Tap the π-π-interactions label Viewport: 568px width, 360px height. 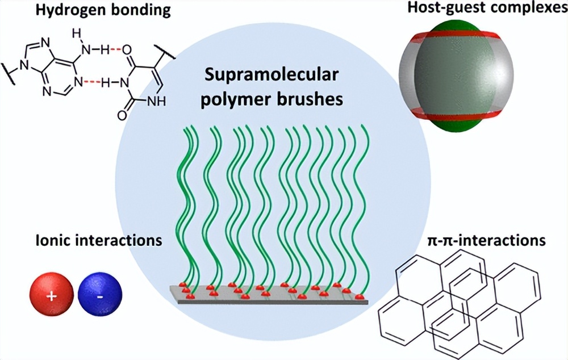[x=485, y=240]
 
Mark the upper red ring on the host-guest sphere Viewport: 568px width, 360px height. [x=456, y=35]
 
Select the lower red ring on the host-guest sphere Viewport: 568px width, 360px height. [x=456, y=115]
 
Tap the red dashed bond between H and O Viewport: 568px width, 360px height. [x=116, y=50]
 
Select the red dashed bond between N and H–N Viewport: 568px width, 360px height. [x=93, y=83]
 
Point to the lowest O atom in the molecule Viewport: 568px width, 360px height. [x=122, y=115]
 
